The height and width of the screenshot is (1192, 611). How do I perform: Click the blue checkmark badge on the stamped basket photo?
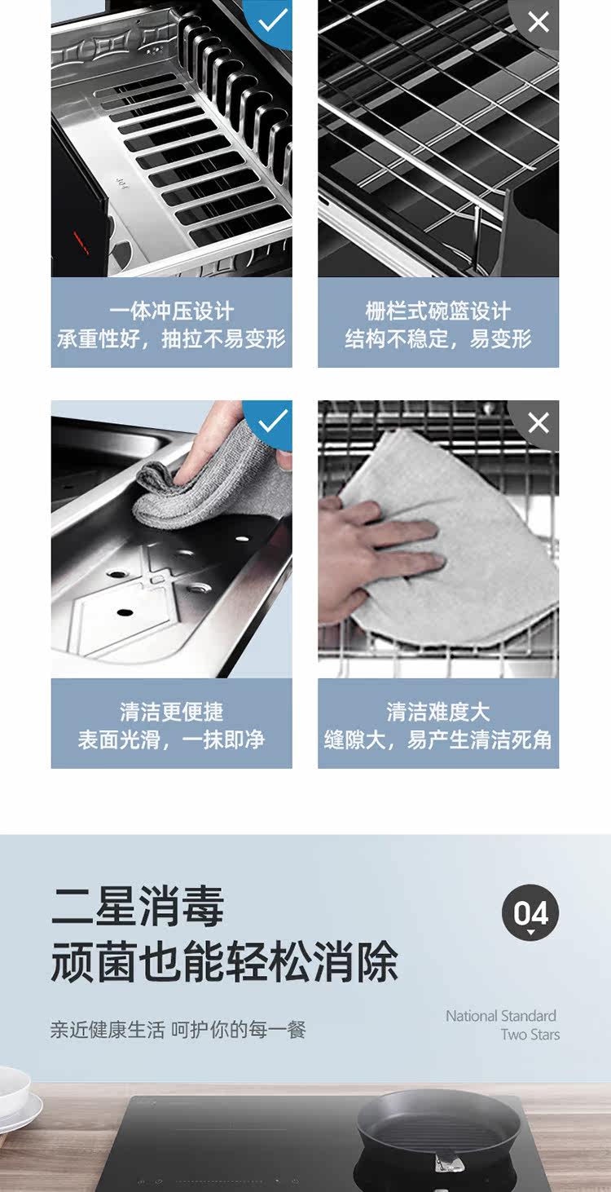coord(272,21)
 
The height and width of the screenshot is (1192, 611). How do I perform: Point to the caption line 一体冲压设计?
coord(172,311)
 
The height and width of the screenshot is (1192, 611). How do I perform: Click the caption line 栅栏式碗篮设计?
coord(438,311)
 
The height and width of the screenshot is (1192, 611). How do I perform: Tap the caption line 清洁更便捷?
coord(172,712)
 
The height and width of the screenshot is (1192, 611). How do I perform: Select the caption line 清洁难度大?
coord(438,712)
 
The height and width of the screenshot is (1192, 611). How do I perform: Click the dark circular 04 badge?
coord(530,912)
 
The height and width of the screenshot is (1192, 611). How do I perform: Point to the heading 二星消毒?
coord(138,906)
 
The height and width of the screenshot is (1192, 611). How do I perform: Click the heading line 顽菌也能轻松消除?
coord(224,962)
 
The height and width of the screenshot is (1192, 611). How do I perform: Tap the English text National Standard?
coord(501,1016)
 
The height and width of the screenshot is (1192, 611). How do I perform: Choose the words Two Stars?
coord(530,1035)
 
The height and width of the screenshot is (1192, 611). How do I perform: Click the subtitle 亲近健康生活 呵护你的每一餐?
coord(178,1029)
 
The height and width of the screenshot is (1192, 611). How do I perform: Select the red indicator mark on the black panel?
coord(81,243)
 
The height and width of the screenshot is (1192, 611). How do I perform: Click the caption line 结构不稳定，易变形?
coord(438,338)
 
